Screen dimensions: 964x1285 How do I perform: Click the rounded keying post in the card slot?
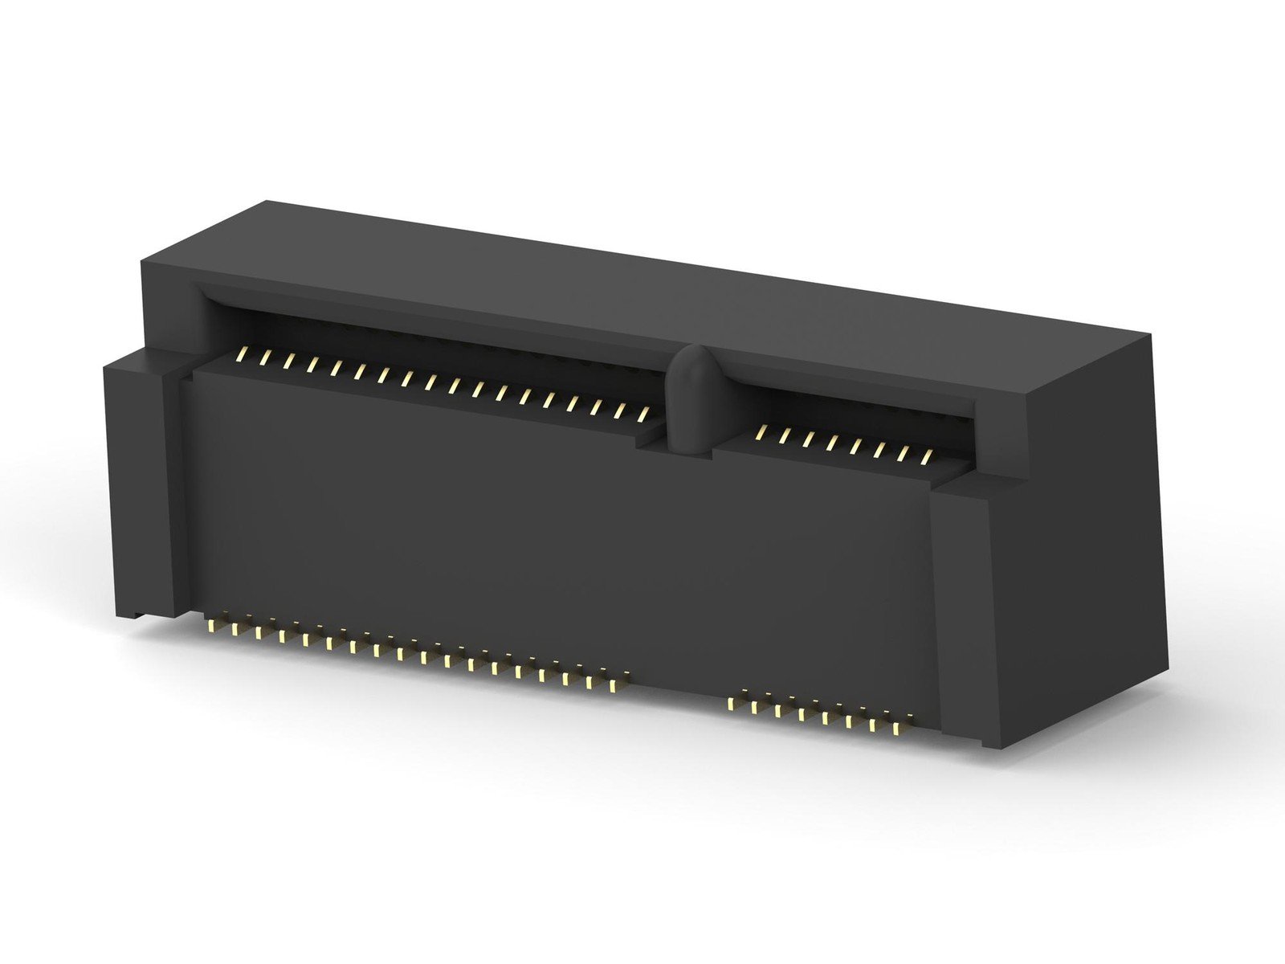click(689, 402)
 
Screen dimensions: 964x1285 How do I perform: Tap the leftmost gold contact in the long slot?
click(243, 354)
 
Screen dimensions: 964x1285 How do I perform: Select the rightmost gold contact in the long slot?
click(643, 414)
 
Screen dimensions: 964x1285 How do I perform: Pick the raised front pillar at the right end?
click(963, 611)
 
